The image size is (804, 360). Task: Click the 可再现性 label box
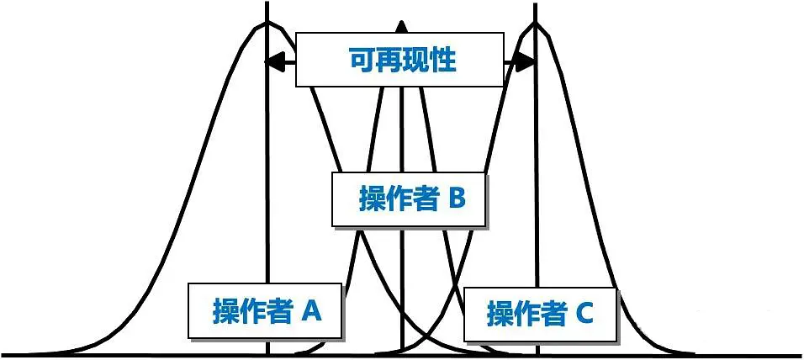(x=399, y=60)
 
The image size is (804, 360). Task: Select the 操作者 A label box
(x=265, y=311)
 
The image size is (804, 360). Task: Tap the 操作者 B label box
(x=410, y=199)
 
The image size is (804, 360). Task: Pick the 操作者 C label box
(x=540, y=315)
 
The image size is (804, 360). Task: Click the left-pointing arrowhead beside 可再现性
(x=272, y=61)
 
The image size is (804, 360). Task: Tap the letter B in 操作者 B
(x=456, y=199)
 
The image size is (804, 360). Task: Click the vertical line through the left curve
(x=267, y=168)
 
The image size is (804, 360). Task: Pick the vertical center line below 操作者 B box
(x=402, y=286)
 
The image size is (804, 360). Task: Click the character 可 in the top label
(x=361, y=60)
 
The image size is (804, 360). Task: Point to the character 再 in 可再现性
(x=388, y=60)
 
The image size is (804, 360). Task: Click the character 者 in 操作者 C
(x=552, y=315)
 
